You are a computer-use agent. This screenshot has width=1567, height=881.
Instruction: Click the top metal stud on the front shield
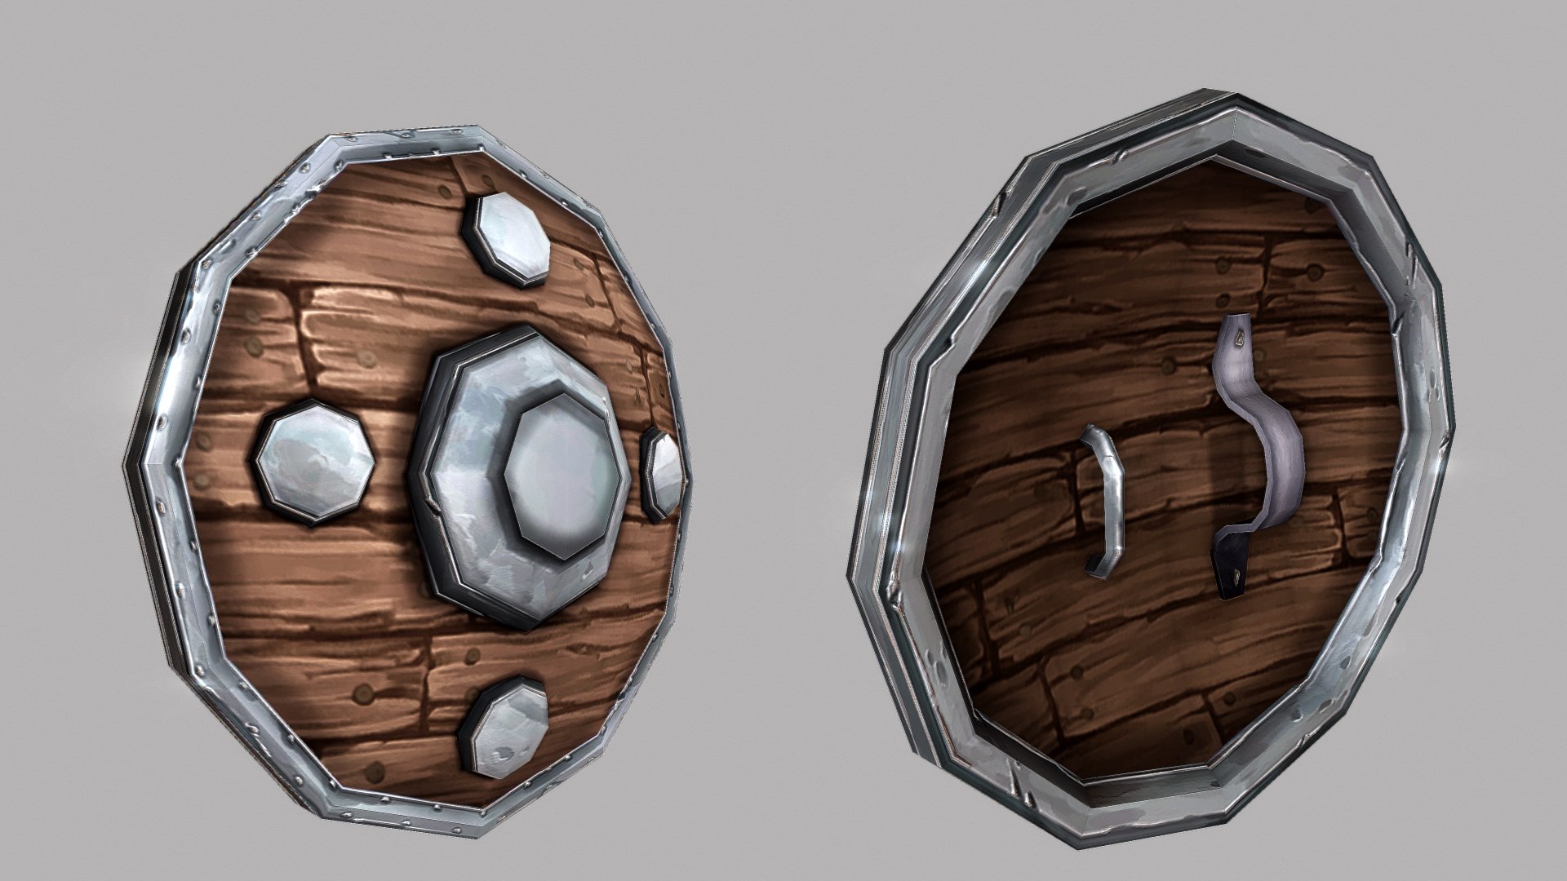coord(508,239)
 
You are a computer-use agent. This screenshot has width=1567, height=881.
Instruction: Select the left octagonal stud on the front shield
coord(315,460)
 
